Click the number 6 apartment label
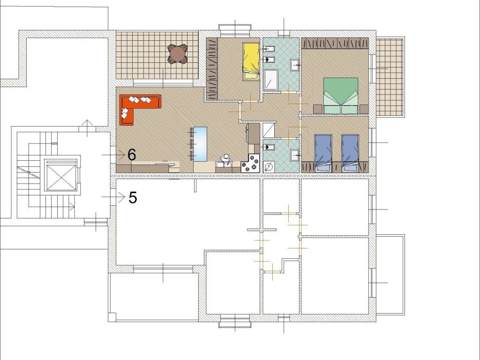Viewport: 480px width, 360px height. click(132, 155)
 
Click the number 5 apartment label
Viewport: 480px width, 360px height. click(133, 197)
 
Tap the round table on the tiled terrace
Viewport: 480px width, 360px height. click(177, 53)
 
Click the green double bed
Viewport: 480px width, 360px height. click(341, 96)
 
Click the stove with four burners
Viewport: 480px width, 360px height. click(250, 163)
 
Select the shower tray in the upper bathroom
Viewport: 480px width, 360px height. click(270, 80)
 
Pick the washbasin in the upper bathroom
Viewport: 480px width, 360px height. click(295, 65)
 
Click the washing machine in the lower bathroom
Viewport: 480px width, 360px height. click(269, 167)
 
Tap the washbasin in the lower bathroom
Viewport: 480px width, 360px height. click(295, 155)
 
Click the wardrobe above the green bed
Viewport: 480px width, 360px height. click(335, 43)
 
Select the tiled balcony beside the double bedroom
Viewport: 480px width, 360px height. click(390, 77)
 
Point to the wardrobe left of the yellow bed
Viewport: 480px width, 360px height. click(212, 69)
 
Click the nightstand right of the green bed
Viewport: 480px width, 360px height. click(364, 109)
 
